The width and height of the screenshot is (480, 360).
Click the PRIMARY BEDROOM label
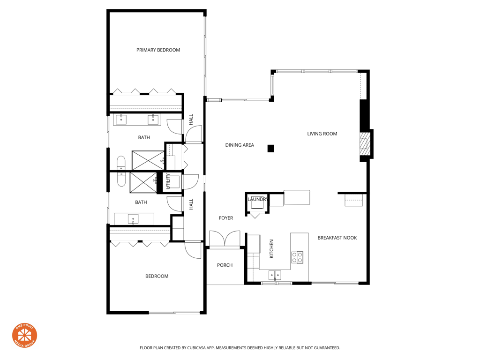pyautogui.click(x=158, y=50)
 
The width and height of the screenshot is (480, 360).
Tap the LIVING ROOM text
pyautogui.click(x=322, y=134)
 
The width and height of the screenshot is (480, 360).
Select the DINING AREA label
pyautogui.click(x=240, y=145)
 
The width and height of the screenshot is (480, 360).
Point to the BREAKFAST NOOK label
pyautogui.click(x=337, y=238)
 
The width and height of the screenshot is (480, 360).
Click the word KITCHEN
pyautogui.click(x=271, y=249)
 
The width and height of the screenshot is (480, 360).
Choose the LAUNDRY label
pyautogui.click(x=257, y=200)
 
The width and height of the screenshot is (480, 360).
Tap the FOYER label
pyautogui.click(x=226, y=218)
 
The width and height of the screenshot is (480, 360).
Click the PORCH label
pyautogui.click(x=225, y=265)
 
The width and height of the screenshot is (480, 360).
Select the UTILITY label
pyautogui.click(x=168, y=181)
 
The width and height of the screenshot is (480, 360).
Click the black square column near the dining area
pyautogui.click(x=270, y=149)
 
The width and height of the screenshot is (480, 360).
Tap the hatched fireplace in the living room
pyautogui.click(x=365, y=144)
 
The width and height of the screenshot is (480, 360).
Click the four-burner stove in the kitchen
pyautogui.click(x=297, y=257)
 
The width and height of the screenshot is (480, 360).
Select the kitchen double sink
pyautogui.click(x=275, y=275)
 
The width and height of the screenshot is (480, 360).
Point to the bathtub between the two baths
pyautogui.click(x=121, y=171)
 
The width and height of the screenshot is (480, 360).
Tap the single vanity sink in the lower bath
pyautogui.click(x=134, y=219)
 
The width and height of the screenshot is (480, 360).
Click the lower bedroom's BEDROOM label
pyautogui.click(x=157, y=277)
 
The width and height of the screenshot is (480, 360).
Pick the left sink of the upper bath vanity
pyautogui.click(x=121, y=120)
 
